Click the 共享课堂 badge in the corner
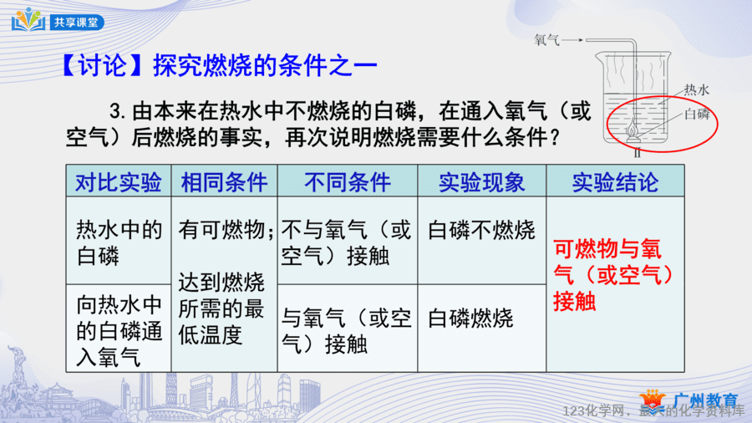click(77, 22)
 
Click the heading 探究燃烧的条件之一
click(265, 66)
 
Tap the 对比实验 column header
click(119, 182)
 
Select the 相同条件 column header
click(224, 182)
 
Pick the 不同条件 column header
click(348, 182)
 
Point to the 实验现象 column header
click(482, 182)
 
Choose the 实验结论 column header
click(615, 182)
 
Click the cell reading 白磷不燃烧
click(481, 230)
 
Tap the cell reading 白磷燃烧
click(470, 319)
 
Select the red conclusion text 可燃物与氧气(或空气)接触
click(614, 275)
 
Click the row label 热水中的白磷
click(119, 243)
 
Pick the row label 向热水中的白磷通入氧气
click(119, 331)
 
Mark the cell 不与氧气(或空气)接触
click(346, 243)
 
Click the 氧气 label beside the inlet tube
click(546, 40)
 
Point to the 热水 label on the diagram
click(696, 89)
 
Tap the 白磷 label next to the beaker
click(698, 115)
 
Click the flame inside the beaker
click(633, 128)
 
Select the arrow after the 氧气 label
click(572, 40)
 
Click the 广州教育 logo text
click(705, 400)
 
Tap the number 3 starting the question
click(115, 112)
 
